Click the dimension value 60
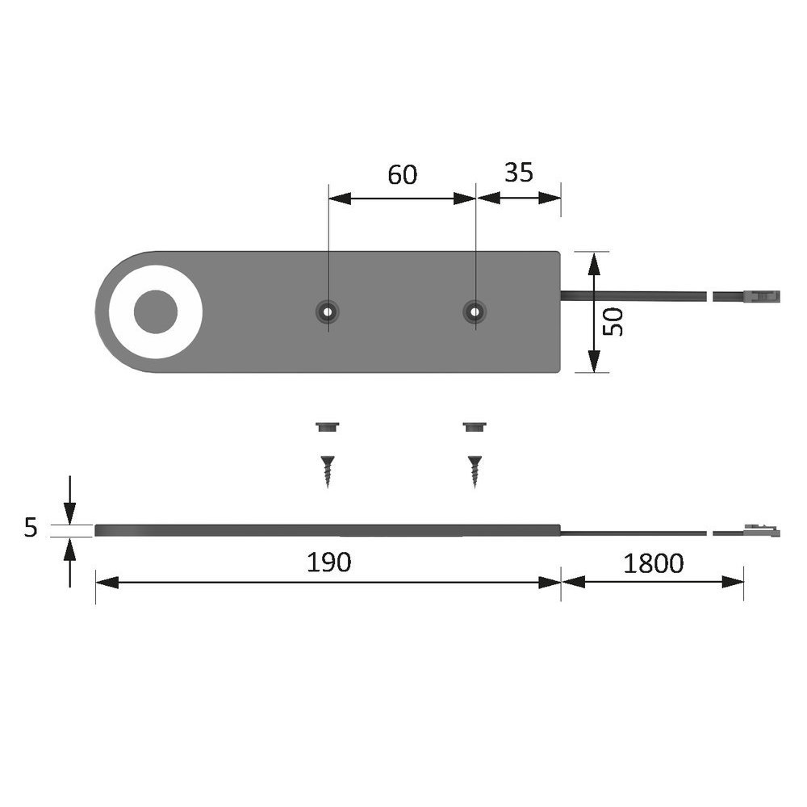(x=402, y=174)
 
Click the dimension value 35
(x=518, y=173)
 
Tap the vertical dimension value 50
(x=613, y=322)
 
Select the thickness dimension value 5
(x=31, y=528)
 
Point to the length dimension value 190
(x=329, y=562)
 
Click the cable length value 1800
(x=653, y=563)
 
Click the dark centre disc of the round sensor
(x=156, y=312)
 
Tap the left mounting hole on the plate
(x=328, y=312)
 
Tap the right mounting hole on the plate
(x=475, y=312)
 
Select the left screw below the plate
(x=328, y=471)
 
